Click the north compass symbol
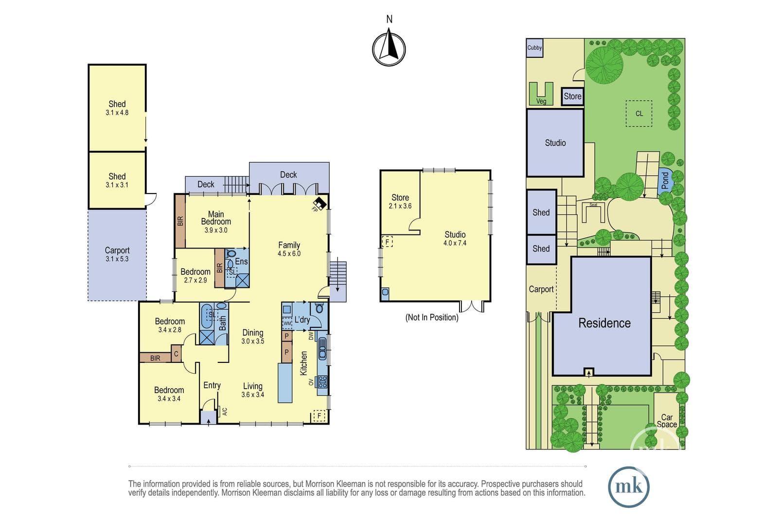click(389, 49)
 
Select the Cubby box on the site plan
click(534, 48)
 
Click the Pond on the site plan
click(665, 181)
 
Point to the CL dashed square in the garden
click(639, 114)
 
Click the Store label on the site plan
click(572, 96)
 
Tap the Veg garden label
click(541, 101)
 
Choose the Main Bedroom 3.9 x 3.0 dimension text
click(216, 230)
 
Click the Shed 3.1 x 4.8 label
click(117, 107)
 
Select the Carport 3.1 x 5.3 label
click(117, 254)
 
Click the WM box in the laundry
click(287, 323)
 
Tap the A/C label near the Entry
click(224, 412)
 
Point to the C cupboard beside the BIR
click(176, 354)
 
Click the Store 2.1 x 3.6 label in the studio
click(400, 201)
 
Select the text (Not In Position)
click(432, 317)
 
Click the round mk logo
click(629, 487)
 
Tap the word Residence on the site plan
click(604, 323)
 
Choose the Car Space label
click(667, 421)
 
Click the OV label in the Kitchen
click(311, 382)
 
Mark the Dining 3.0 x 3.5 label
click(253, 337)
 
